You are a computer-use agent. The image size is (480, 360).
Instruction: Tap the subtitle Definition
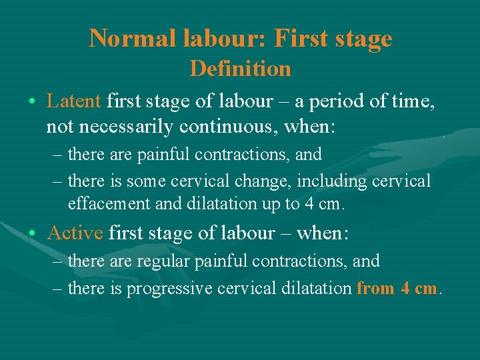(x=241, y=68)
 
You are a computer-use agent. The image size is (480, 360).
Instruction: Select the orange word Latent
(x=73, y=101)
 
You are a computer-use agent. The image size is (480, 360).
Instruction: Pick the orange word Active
(x=75, y=233)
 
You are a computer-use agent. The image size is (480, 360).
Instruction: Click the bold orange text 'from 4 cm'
(x=397, y=289)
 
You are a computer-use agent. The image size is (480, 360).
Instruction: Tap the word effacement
(x=109, y=203)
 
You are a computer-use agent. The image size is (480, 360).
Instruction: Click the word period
(x=345, y=101)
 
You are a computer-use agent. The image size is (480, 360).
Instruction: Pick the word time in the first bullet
(x=415, y=101)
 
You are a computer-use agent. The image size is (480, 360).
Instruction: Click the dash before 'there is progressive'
(x=59, y=289)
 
